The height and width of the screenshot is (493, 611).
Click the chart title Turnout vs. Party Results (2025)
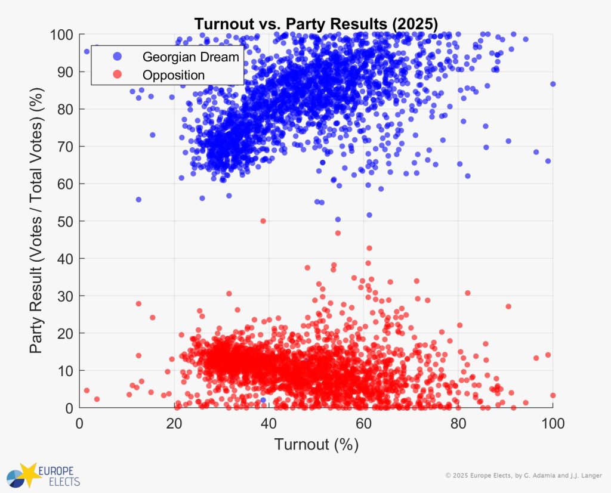[x=316, y=24]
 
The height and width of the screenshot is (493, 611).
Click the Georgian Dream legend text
[x=190, y=57]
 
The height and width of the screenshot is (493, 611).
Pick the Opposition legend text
[x=173, y=75]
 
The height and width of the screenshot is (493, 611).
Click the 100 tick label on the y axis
[x=60, y=35]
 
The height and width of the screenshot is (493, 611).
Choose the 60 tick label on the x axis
[x=364, y=423]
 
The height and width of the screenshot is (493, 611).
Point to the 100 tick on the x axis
[x=553, y=423]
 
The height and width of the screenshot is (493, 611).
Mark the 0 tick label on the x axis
[x=80, y=423]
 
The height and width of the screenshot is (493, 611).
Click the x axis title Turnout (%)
[x=316, y=445]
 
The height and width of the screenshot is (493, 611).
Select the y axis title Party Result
[x=37, y=221]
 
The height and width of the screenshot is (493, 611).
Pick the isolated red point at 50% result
[x=263, y=221]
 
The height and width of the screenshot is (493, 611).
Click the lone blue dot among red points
[x=263, y=400]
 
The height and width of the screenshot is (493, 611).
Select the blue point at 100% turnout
[x=553, y=84]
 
